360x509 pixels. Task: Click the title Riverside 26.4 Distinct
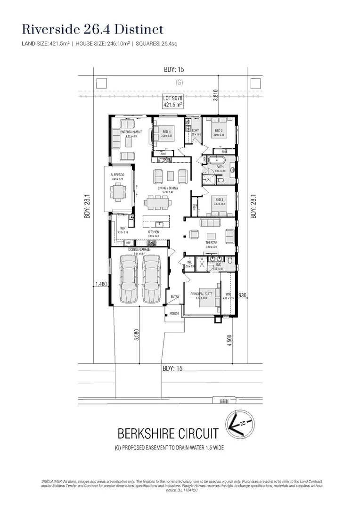point(93,29)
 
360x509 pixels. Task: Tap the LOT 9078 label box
point(172,101)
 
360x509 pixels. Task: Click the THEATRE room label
point(211,243)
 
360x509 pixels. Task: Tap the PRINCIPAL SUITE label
point(201,294)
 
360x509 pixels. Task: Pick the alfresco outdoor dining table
point(117,192)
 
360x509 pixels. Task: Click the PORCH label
point(174,313)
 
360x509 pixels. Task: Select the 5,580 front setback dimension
point(137,336)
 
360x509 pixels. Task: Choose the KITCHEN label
point(154,232)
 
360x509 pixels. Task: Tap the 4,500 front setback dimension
point(229,340)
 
